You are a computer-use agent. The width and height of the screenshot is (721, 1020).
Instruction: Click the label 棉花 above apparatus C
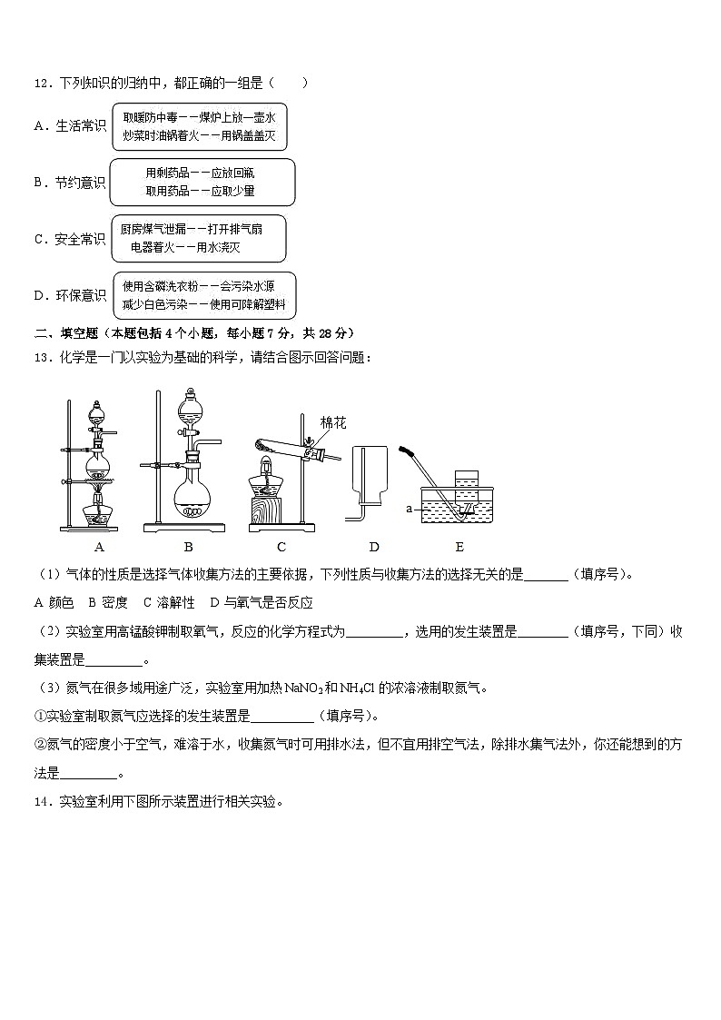(333, 423)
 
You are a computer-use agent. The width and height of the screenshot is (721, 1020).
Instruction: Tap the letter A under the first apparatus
(99, 547)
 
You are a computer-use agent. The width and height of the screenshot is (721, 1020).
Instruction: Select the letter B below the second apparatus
(188, 547)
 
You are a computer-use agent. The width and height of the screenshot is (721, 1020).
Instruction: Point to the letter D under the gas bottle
(373, 547)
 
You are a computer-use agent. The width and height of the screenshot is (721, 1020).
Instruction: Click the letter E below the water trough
(459, 547)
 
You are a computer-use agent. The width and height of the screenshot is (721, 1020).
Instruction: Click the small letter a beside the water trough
(410, 510)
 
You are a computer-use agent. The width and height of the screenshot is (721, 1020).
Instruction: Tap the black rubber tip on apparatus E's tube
(408, 451)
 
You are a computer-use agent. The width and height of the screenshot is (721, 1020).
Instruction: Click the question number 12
(41, 84)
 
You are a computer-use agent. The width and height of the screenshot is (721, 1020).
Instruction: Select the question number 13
(41, 357)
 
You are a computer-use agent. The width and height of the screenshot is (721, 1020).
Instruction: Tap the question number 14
(41, 802)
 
